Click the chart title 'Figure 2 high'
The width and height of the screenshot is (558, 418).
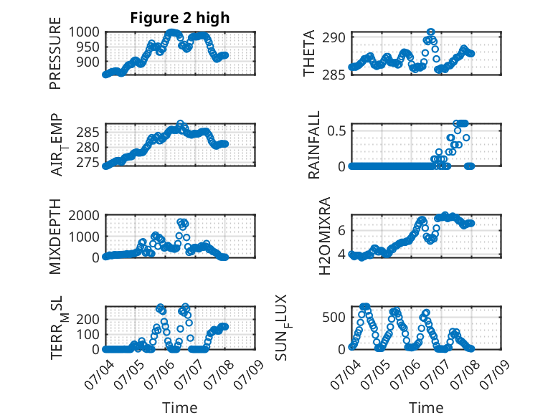[180, 18]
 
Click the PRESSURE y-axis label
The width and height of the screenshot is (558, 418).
[55, 53]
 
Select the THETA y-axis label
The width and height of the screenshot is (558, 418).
[309, 53]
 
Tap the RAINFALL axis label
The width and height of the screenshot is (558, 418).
[314, 145]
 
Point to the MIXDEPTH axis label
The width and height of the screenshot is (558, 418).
[55, 237]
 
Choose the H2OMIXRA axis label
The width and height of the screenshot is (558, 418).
[325, 236]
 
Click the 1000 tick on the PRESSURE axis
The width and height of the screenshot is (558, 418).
[84, 32]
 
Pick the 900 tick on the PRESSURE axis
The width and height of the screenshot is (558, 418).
[88, 62]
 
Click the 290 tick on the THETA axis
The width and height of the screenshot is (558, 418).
[334, 37]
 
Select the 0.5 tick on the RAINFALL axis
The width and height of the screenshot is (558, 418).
[336, 130]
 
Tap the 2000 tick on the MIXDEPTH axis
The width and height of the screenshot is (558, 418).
[84, 215]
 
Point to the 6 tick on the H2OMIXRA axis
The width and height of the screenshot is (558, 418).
[341, 231]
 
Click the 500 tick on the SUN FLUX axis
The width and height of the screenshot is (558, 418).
[334, 317]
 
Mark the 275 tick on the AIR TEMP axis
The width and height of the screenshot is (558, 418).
[88, 163]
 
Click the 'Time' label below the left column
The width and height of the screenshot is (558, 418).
[180, 408]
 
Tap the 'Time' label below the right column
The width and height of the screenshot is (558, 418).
[426, 408]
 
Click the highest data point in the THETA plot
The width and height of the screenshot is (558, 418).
[431, 32]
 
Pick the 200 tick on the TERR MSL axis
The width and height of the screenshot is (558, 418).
[88, 319]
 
